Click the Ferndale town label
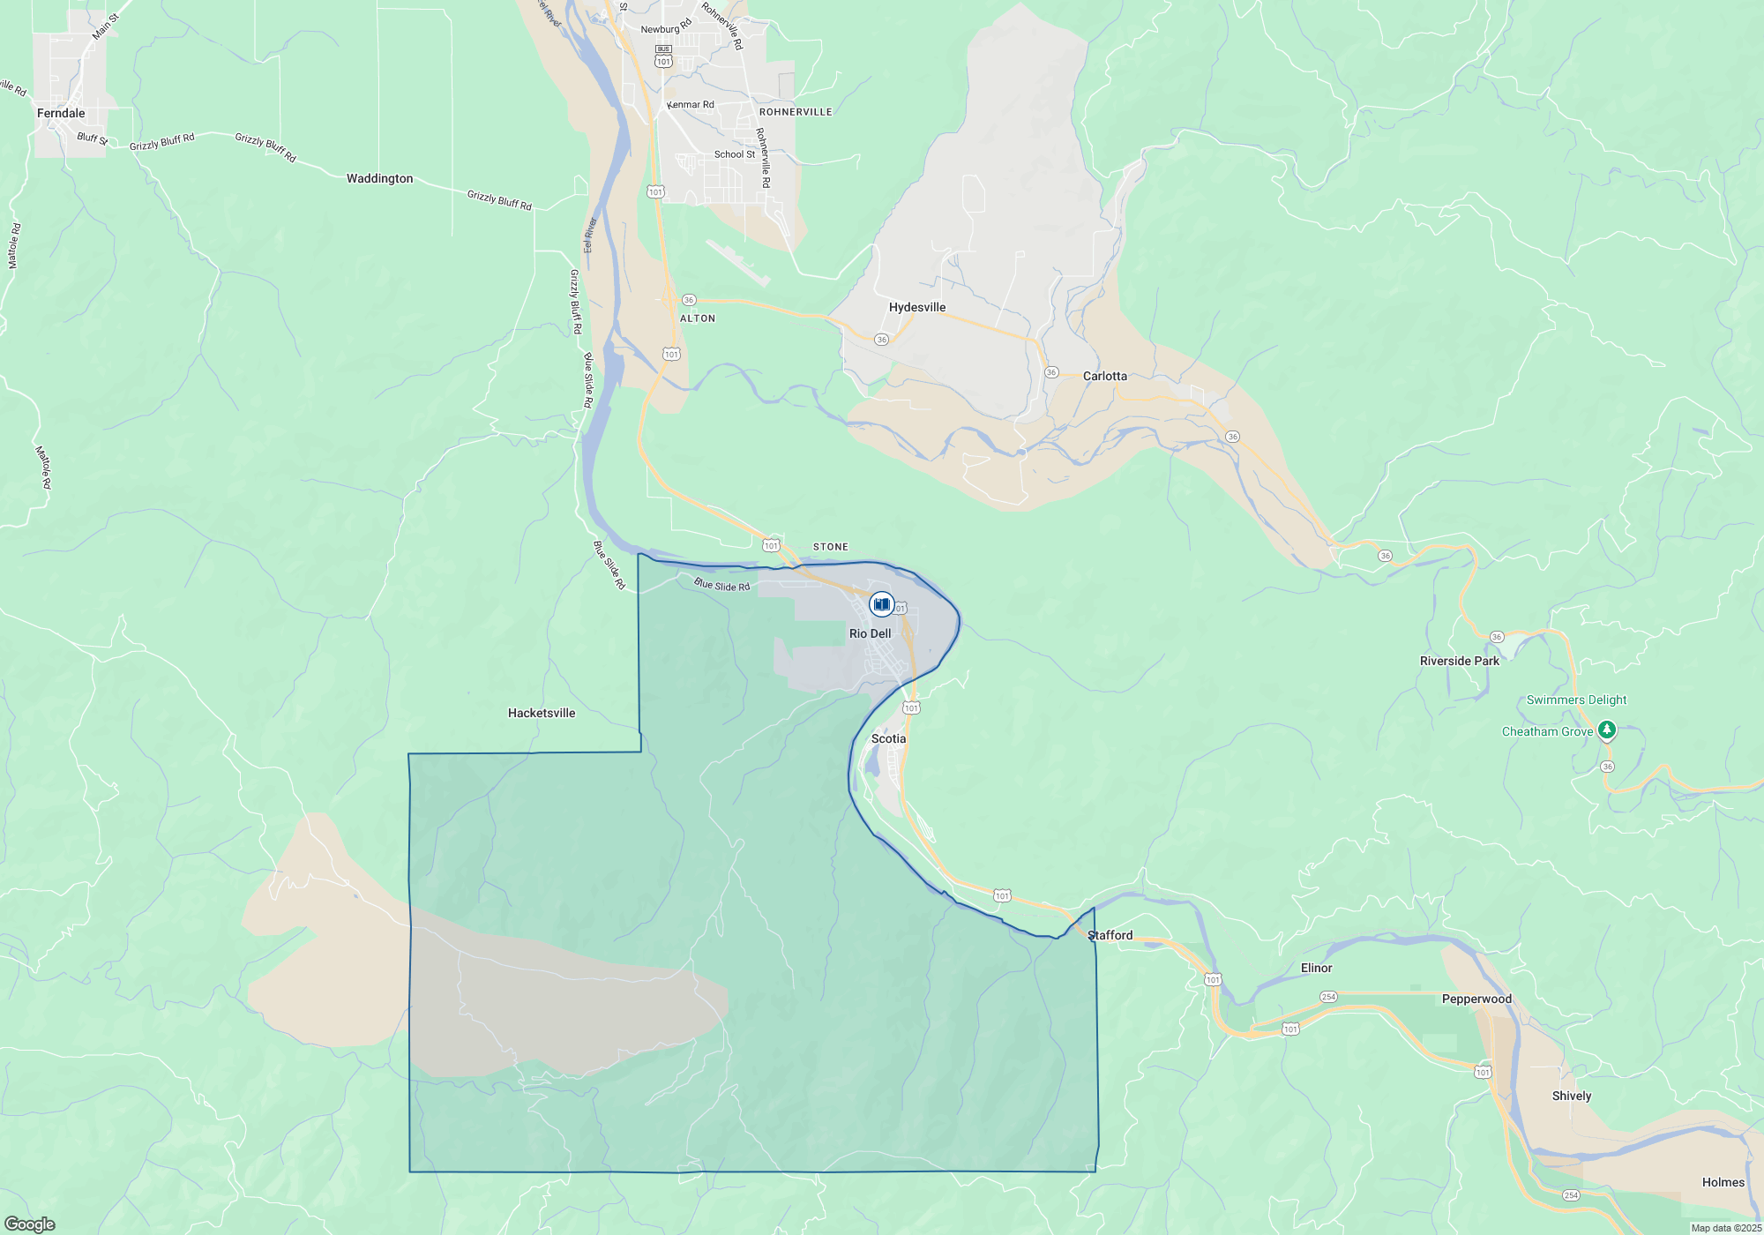61,113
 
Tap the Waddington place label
379,178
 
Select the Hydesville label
917,307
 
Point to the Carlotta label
1104,376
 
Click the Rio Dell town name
870,633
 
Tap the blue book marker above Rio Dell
881,604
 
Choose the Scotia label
888,738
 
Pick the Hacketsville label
542,713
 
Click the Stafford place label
1110,935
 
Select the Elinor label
1316,968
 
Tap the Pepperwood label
1476,999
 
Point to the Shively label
1572,1096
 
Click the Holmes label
1723,1182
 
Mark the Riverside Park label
1459,661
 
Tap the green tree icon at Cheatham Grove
1607,730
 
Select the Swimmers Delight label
1576,700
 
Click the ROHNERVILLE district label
796,112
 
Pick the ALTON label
698,318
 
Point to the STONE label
830,547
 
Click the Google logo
30,1224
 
